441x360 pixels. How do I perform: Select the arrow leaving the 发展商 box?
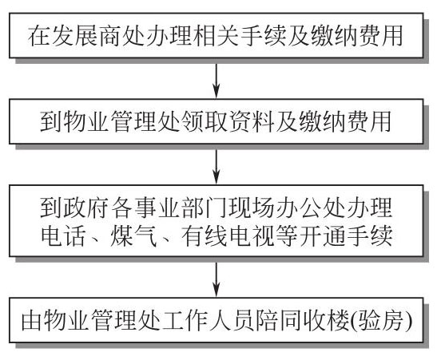[x=216, y=81]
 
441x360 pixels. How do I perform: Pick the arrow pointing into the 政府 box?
[x=216, y=167]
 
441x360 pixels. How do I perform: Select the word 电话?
[x=63, y=235]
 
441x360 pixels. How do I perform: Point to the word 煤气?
[x=133, y=235]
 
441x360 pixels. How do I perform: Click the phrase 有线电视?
[x=228, y=235]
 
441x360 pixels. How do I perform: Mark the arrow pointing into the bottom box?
[x=216, y=280]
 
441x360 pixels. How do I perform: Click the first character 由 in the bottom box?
[x=32, y=321]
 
